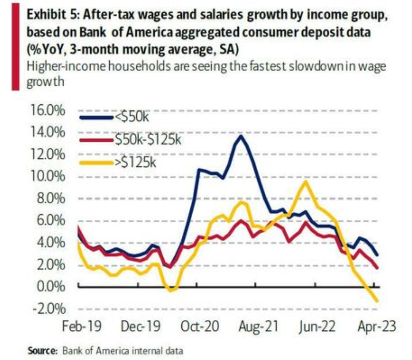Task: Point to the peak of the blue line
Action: point(241,136)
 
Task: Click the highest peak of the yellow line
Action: point(306,182)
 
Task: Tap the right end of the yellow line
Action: point(377,300)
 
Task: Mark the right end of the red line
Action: point(377,268)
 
